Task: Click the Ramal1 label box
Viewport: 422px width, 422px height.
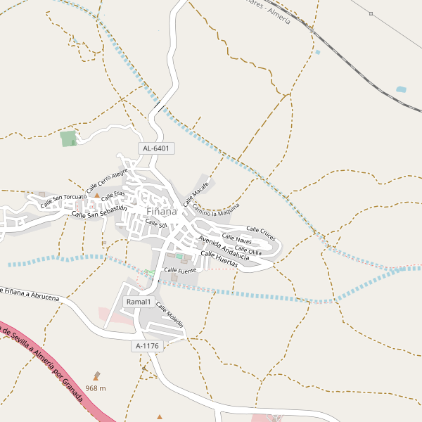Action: pos(139,302)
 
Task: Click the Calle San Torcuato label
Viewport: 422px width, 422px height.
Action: pos(63,200)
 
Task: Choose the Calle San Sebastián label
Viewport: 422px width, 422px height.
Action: pos(99,210)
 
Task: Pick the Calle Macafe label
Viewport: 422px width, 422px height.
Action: pos(197,193)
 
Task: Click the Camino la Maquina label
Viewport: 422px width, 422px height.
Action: pos(216,210)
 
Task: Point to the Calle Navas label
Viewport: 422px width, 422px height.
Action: pos(236,239)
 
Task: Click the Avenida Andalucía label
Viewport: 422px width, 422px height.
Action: pos(224,247)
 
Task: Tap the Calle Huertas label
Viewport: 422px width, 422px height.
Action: pos(219,258)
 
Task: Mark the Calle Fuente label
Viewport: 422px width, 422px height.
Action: pos(180,269)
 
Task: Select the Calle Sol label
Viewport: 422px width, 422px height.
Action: pos(155,224)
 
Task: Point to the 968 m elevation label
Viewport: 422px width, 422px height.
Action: pos(95,388)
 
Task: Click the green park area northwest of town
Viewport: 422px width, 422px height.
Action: pos(68,139)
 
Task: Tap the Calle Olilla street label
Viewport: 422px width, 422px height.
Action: pos(248,250)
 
